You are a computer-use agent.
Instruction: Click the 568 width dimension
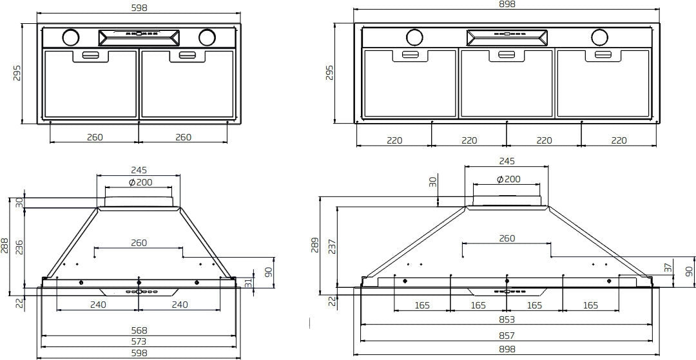coord(139,330)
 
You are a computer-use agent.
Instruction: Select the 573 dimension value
coord(139,341)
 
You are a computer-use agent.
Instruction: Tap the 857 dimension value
coord(507,336)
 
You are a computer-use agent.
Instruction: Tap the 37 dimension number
coord(668,267)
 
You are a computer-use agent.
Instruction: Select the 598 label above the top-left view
coord(139,8)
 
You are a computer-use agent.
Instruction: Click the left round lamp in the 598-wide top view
coord(70,37)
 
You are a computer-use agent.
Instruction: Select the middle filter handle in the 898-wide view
coord(507,55)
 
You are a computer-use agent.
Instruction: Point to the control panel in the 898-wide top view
coord(507,37)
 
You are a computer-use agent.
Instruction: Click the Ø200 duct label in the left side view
coord(140,183)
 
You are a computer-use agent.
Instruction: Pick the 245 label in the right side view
coord(507,161)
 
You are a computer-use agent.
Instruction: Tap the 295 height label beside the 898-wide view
coord(330,72)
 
